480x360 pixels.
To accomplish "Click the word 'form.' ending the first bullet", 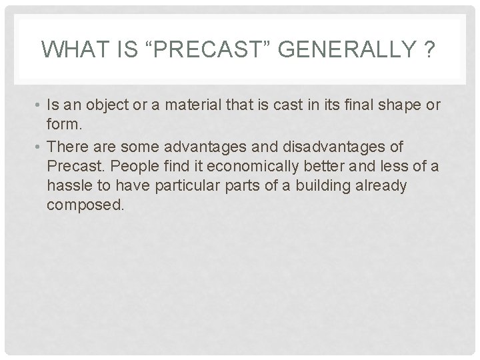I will pos(62,127).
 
